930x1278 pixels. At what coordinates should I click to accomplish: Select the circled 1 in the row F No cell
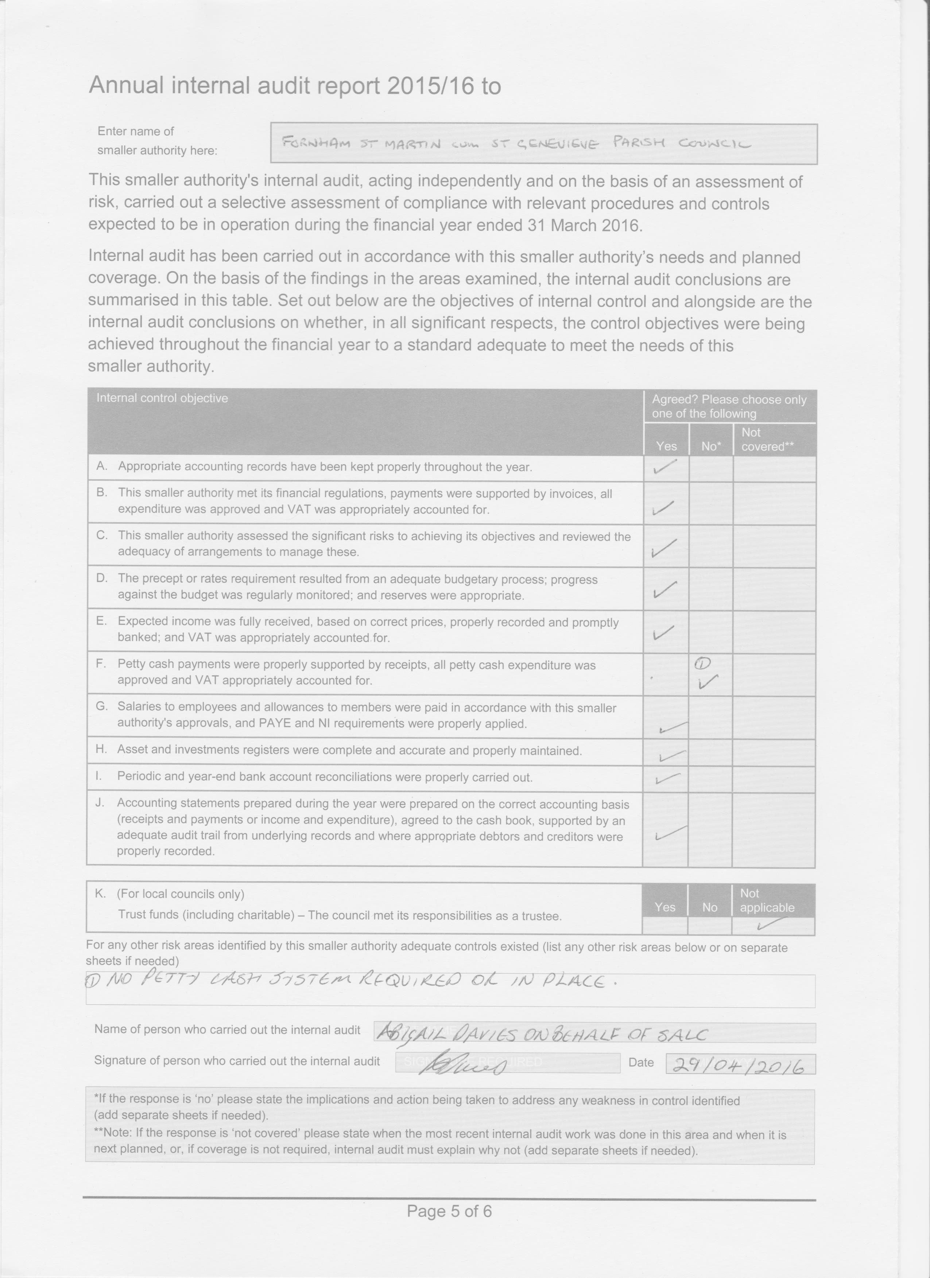703,663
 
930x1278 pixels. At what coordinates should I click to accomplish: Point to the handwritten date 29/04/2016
739,1065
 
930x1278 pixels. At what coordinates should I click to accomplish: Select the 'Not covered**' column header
767,439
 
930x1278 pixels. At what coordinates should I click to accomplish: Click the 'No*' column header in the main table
710,446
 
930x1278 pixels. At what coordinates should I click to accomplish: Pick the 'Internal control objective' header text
162,398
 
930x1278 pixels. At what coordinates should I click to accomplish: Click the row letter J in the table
100,803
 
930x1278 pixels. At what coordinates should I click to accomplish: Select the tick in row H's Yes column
672,755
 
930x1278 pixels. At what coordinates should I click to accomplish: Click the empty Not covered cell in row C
774,546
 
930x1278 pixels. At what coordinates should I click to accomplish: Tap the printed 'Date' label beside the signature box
641,1062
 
